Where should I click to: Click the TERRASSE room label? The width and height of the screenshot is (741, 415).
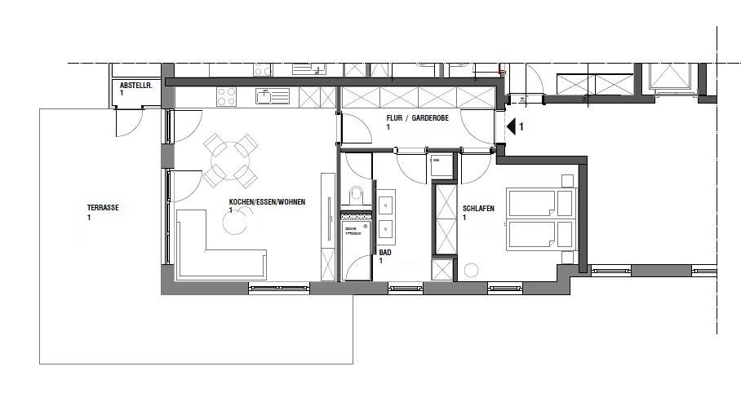click(103, 208)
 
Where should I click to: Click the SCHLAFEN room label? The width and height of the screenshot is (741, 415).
click(477, 208)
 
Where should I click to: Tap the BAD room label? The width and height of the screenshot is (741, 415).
click(385, 254)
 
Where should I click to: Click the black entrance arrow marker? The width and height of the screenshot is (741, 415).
click(512, 126)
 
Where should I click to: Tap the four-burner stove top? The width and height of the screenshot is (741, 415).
click(226, 97)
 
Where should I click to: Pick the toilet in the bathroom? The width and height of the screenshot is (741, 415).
click(355, 196)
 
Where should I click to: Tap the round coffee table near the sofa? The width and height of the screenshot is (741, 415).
click(236, 223)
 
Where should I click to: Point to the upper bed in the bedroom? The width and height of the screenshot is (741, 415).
click(541, 201)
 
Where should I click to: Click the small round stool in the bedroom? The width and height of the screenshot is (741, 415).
click(472, 270)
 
